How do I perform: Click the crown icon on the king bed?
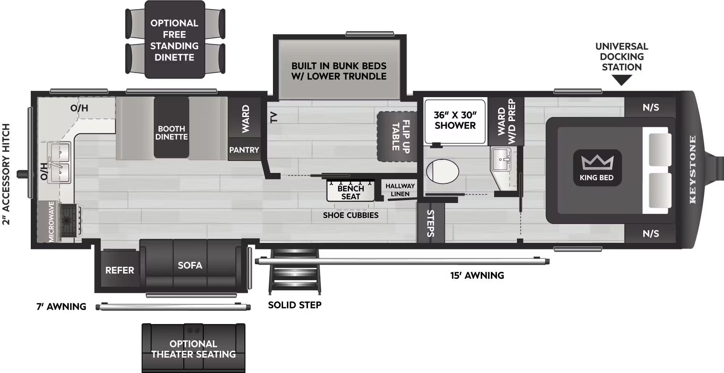click(597, 162)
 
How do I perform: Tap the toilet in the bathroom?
click(442, 171)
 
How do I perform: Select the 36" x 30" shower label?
click(455, 120)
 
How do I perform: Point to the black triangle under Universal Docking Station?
click(622, 80)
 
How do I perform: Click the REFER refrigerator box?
click(119, 270)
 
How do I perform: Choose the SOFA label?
click(190, 265)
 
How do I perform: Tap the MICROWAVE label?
click(51, 221)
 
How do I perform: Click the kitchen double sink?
click(60, 162)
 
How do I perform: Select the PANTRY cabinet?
click(244, 150)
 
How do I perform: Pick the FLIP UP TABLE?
click(397, 136)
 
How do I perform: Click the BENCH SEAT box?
click(350, 192)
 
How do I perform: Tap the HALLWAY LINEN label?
click(400, 190)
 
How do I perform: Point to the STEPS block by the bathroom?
click(430, 223)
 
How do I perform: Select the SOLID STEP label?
click(295, 305)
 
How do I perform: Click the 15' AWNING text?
click(477, 275)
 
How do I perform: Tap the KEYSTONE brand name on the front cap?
click(693, 169)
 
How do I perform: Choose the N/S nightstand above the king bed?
click(651, 107)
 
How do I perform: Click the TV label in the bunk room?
click(274, 117)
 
